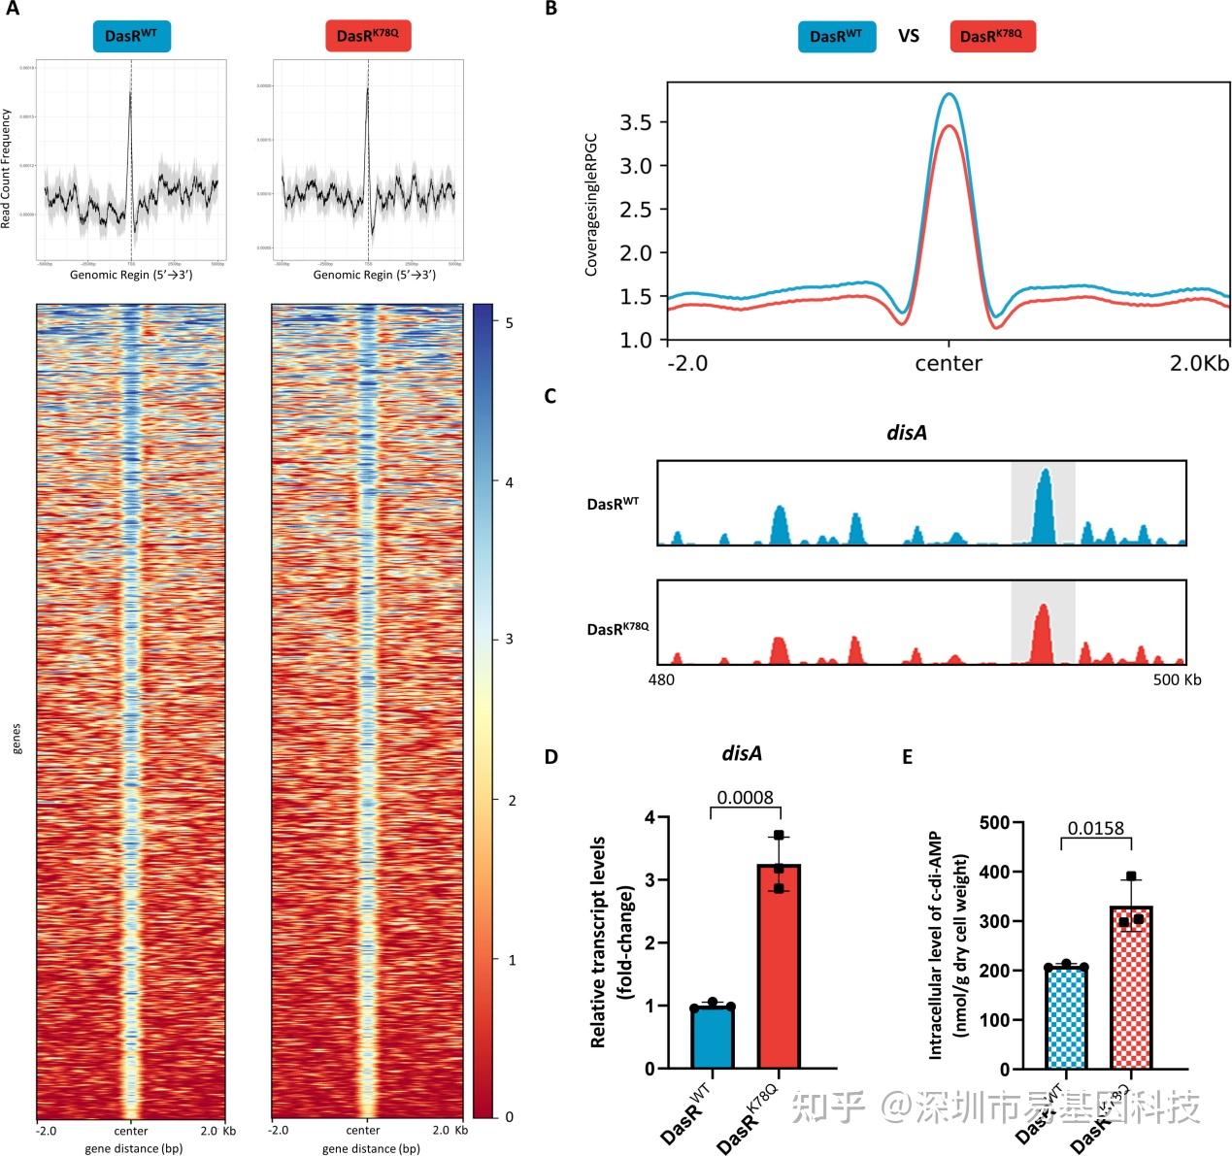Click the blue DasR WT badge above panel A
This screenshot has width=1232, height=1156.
click(x=131, y=36)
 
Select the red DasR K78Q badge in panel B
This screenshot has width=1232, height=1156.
click(x=991, y=36)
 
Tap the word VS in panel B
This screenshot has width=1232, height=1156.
click(x=908, y=36)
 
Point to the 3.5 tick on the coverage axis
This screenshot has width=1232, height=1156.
click(x=637, y=122)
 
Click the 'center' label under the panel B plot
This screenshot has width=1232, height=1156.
click(x=949, y=364)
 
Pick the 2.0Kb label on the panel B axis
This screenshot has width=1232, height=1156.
click(x=1199, y=364)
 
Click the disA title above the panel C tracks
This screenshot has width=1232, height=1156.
click(x=907, y=433)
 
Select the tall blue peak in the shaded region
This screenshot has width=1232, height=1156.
click(x=1044, y=505)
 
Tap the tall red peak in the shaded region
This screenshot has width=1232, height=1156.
click(x=1043, y=633)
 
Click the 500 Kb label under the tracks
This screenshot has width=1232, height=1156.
click(x=1177, y=679)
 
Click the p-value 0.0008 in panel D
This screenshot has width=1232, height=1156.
click(x=745, y=798)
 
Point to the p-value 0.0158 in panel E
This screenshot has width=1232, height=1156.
click(x=1096, y=828)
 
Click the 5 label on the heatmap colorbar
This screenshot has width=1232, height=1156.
click(x=509, y=321)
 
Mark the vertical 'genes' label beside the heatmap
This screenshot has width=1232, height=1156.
click(x=17, y=738)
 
